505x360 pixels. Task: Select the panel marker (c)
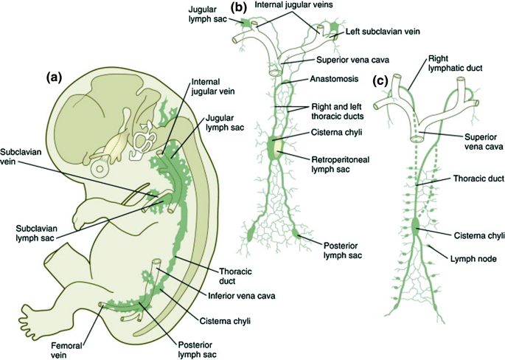pyautogui.click(x=381, y=80)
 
